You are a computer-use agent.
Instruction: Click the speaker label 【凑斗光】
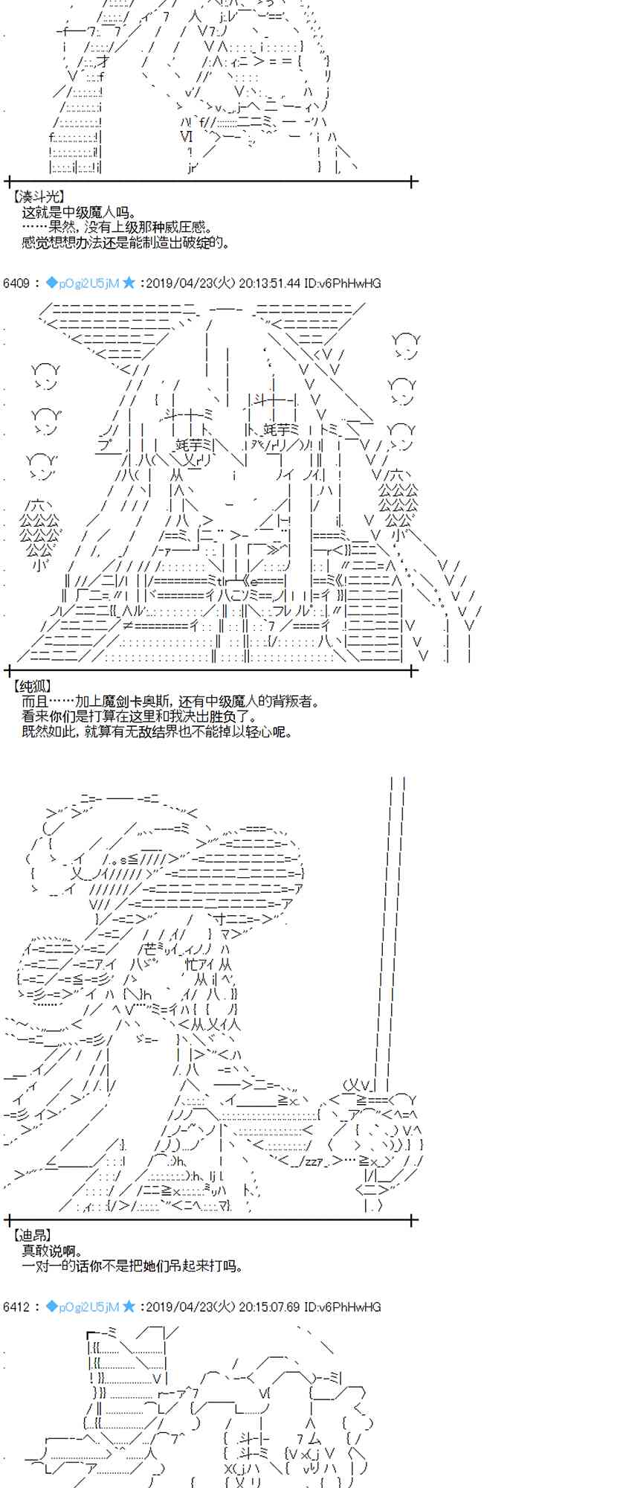click(x=39, y=196)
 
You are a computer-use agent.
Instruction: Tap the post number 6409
click(x=16, y=283)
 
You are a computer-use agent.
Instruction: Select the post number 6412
click(x=16, y=1306)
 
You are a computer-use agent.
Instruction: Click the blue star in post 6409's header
click(x=129, y=283)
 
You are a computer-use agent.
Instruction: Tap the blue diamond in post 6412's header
click(x=51, y=1306)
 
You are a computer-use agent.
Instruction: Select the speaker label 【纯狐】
click(x=33, y=686)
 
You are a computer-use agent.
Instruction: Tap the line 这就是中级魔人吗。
click(x=79, y=213)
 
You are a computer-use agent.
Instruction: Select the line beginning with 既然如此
click(x=157, y=731)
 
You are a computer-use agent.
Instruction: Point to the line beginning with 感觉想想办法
click(x=126, y=243)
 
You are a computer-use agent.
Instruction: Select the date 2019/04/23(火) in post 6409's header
click(x=190, y=283)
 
